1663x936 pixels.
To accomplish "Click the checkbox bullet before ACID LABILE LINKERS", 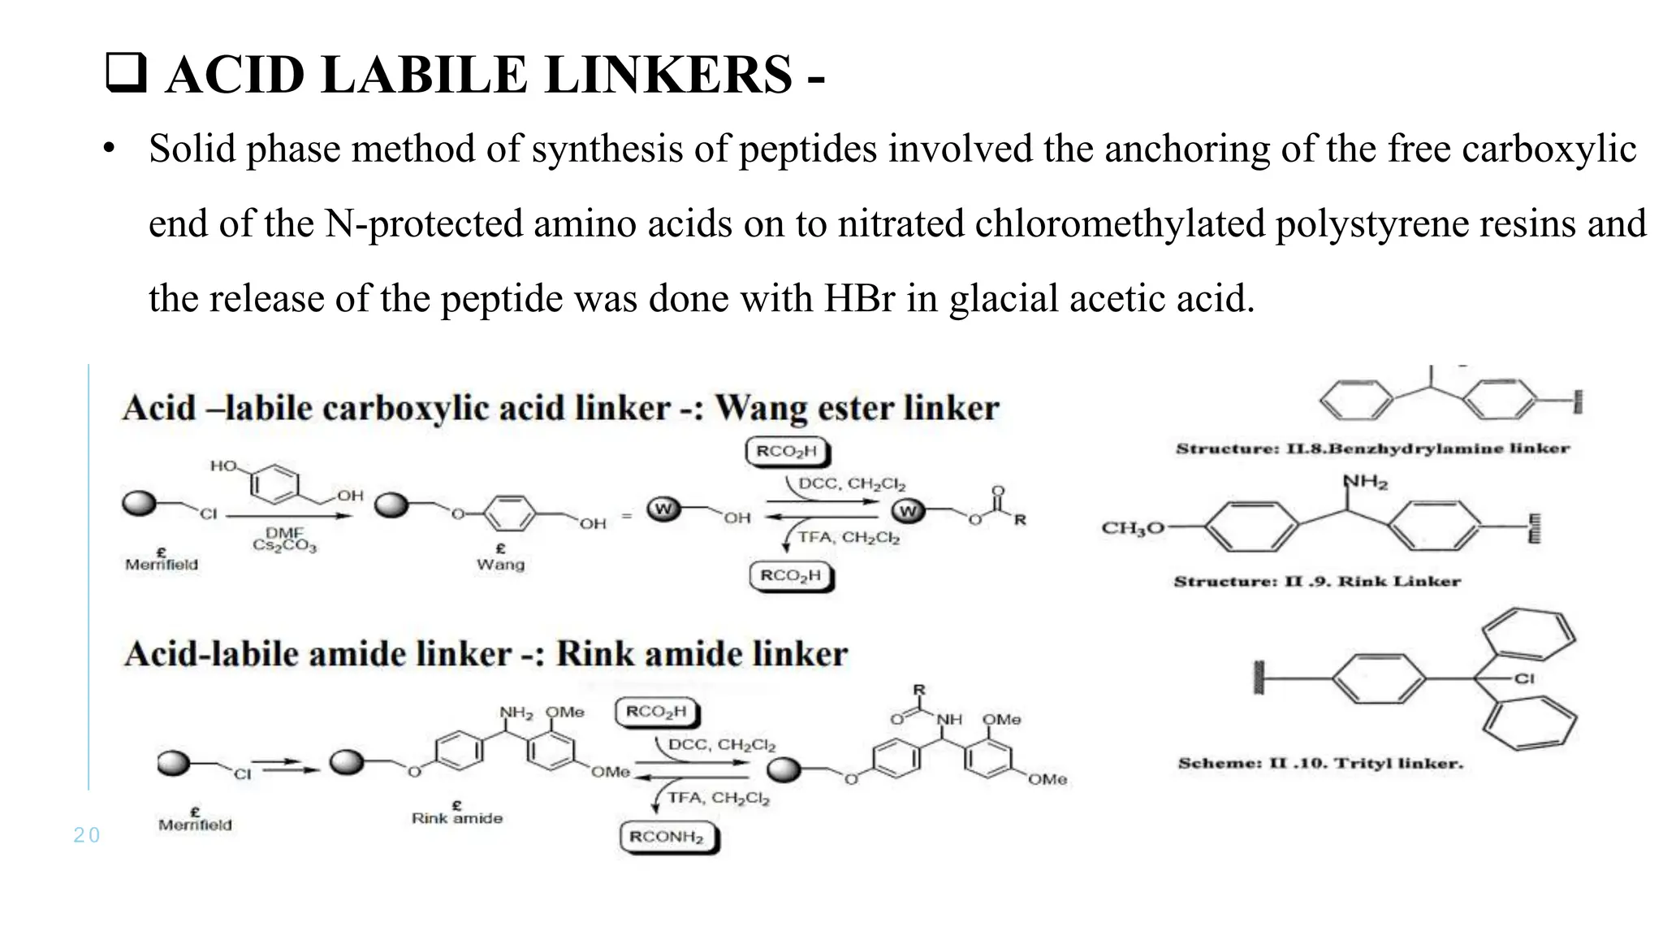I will (126, 74).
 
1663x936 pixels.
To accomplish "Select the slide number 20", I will (86, 835).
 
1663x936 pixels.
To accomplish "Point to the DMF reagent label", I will (284, 533).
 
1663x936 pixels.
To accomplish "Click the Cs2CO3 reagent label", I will (284, 546).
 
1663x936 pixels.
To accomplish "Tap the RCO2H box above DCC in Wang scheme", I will (788, 452).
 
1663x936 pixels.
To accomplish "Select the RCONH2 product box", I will (667, 837).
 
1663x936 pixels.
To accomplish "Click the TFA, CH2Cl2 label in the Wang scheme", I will (849, 537).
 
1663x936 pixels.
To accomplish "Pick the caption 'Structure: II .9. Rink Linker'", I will (1317, 581).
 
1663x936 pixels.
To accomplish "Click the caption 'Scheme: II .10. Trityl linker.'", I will (1320, 763).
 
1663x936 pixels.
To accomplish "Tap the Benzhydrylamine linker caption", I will (1372, 448).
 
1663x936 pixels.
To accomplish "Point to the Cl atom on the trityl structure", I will (1524, 678).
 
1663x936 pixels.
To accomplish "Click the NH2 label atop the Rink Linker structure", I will (1365, 482).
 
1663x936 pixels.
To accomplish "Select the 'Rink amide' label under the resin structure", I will (457, 818).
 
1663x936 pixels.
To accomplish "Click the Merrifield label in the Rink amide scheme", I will (195, 825).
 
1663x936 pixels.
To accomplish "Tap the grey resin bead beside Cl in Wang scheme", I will (140, 504).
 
